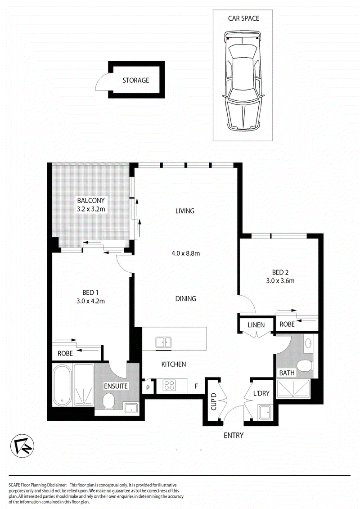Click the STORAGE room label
(x=136, y=80)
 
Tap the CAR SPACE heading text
(x=243, y=18)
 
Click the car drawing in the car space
(x=243, y=81)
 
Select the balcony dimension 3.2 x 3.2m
(x=91, y=209)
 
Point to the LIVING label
(x=184, y=211)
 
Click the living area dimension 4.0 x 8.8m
(x=186, y=253)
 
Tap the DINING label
(x=186, y=299)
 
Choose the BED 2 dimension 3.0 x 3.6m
(x=280, y=281)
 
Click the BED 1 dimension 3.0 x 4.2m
(x=90, y=301)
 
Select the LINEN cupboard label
(x=256, y=325)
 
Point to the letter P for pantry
(x=148, y=387)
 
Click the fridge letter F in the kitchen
(x=196, y=386)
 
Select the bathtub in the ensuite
(x=62, y=385)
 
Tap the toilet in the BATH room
(x=304, y=366)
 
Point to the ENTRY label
(x=234, y=436)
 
